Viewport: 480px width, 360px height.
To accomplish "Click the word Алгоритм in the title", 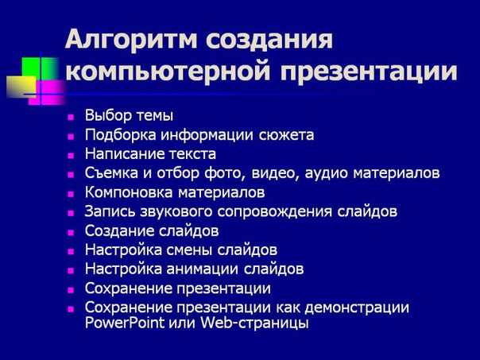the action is coord(131,40).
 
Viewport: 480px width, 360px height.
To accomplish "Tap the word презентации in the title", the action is coord(369,72).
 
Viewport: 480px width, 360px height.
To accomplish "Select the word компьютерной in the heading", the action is coord(168,72).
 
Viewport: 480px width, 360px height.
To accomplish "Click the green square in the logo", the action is coord(40,69).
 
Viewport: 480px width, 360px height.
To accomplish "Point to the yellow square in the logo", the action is coord(21,87).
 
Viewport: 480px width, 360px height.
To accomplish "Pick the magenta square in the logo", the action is coord(48,92).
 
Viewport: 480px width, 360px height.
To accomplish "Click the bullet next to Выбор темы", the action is coord(71,118).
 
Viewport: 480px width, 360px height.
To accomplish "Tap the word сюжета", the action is coord(287,135).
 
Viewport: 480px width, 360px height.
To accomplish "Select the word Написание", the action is coord(124,153).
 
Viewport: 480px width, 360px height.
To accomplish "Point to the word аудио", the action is coord(326,173).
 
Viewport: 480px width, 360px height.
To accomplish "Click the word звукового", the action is coord(176,211).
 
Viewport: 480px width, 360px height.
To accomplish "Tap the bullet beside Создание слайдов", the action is coord(71,233).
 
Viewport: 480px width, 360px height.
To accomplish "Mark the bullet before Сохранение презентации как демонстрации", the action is coord(71,309).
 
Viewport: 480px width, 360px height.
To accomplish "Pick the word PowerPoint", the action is coord(125,323).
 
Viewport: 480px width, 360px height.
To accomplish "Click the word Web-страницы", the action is coord(254,323).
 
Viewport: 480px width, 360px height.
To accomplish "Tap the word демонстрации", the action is coord(357,308).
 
